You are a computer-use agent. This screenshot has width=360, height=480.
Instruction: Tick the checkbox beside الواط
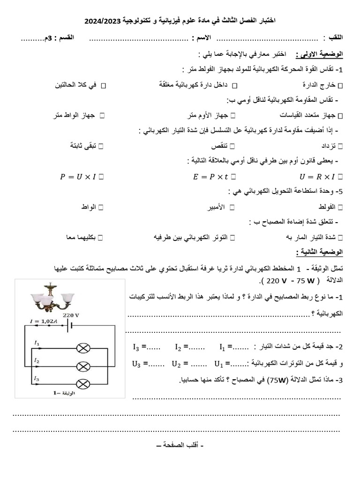tap(101, 207)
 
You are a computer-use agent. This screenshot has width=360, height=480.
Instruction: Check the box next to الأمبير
tap(232, 207)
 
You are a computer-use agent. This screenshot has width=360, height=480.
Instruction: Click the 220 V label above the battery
tap(71, 315)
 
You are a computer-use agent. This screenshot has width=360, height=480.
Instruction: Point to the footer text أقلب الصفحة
tap(180, 443)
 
